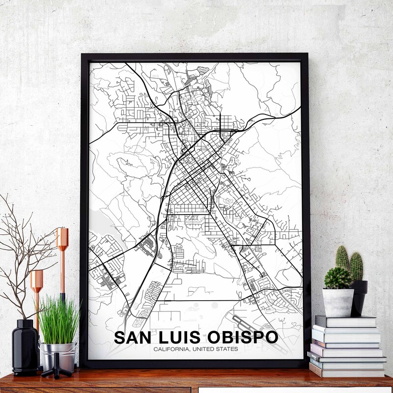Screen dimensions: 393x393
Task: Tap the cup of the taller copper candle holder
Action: [x=62, y=239]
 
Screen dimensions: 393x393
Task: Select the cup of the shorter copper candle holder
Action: [x=37, y=280]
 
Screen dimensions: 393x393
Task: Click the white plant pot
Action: [x=338, y=302]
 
